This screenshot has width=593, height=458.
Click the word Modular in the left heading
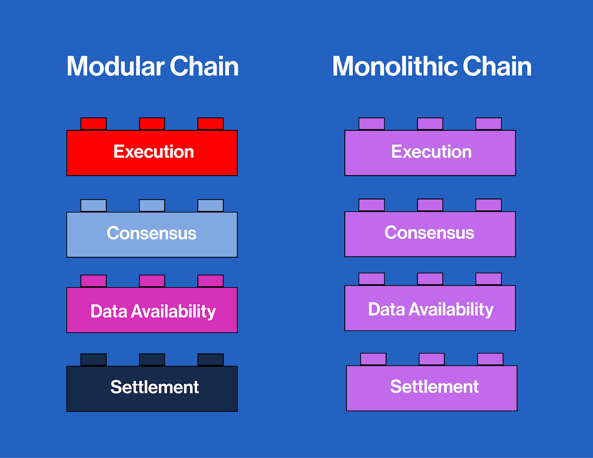point(115,66)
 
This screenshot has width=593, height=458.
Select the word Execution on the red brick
point(154,152)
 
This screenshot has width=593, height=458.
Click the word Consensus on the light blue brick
point(152,233)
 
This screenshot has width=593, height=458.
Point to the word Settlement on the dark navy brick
point(155,387)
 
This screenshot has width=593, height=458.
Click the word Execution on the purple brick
point(431,152)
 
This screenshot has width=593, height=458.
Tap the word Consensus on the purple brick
point(429,233)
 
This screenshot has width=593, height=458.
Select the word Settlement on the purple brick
point(434,387)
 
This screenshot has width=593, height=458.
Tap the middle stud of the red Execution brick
point(152,124)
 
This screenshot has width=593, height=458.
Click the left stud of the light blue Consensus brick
point(93,205)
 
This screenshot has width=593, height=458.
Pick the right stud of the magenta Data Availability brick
point(211,281)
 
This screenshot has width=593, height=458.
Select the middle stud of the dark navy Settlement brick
point(152,359)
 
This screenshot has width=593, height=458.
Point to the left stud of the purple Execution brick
point(371,124)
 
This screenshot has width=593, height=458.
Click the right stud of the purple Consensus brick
point(488,205)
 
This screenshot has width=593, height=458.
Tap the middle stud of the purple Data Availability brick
point(430,279)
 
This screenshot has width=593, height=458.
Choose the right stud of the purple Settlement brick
point(490,359)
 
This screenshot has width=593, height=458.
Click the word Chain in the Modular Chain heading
point(204,66)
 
